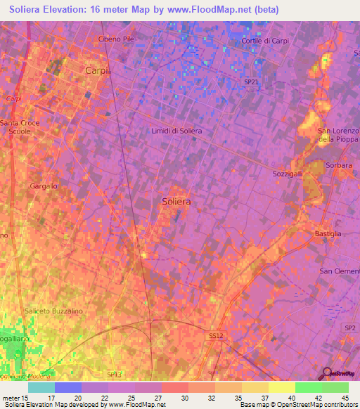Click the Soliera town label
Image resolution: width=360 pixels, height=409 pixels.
[x=176, y=201]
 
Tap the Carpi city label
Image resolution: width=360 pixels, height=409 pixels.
[x=94, y=70]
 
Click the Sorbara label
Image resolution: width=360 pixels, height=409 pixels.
[x=339, y=165]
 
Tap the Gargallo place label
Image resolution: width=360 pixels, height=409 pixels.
[x=44, y=186]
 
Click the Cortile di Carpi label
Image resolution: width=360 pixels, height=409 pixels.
[x=265, y=41]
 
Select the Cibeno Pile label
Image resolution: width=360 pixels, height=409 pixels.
[x=116, y=39]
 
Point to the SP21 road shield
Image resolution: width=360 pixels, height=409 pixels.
[x=251, y=82]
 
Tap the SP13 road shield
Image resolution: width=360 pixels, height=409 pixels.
[x=114, y=375]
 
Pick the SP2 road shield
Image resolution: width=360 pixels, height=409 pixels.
[x=349, y=328]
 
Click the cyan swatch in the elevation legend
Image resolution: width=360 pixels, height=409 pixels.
[x=41, y=387]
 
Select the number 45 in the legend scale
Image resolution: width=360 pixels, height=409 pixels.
[x=345, y=398]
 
